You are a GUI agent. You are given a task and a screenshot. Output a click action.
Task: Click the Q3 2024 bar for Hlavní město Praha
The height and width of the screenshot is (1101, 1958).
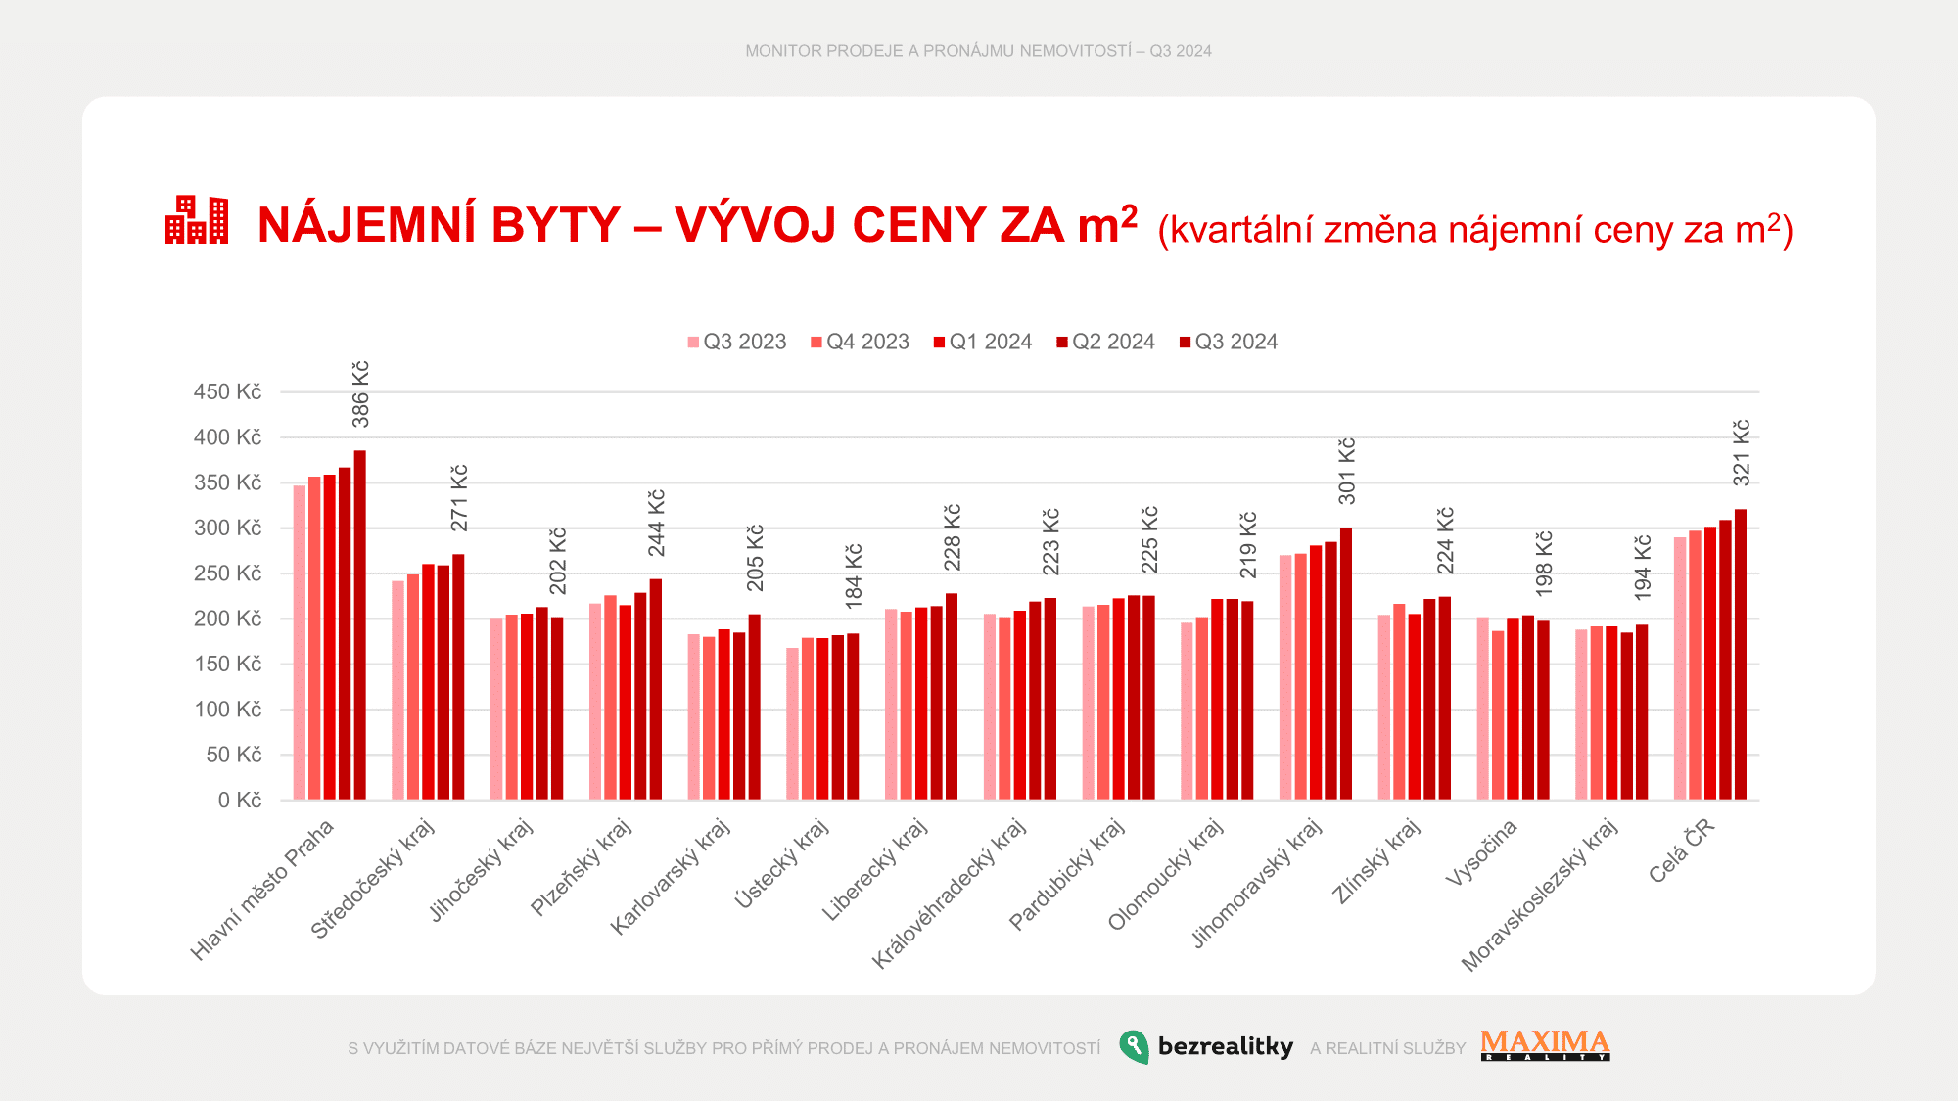click(360, 626)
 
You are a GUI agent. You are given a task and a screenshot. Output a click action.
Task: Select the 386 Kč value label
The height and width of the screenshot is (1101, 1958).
click(361, 394)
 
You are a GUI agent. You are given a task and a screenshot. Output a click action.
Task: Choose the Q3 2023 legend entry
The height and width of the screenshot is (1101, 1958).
click(736, 342)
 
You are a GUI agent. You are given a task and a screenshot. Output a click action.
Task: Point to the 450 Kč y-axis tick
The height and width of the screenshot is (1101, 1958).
click(227, 392)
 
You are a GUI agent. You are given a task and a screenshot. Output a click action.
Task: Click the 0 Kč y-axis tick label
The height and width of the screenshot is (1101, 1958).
click(240, 801)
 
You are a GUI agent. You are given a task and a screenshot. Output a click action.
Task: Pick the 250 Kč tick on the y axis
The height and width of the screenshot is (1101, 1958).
click(227, 573)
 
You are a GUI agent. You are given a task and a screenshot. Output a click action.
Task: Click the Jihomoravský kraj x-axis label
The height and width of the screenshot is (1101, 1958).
click(1257, 883)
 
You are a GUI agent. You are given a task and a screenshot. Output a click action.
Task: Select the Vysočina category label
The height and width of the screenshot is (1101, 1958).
click(1480, 852)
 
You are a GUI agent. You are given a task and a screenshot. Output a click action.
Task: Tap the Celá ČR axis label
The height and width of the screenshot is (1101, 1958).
click(1681, 850)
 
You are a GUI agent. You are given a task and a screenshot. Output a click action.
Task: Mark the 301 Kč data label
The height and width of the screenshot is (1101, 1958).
click(1347, 471)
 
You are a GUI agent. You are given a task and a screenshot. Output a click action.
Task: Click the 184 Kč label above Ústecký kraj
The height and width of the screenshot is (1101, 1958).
click(854, 573)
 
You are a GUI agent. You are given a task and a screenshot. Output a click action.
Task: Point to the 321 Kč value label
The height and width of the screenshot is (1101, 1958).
click(1742, 452)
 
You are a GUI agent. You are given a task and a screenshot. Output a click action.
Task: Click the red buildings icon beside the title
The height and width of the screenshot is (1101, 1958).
click(197, 220)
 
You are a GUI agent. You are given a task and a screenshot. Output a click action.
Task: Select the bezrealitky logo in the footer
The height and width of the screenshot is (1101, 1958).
click(1206, 1046)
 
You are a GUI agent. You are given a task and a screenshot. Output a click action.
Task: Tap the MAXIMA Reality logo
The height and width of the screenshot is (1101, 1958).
click(1545, 1045)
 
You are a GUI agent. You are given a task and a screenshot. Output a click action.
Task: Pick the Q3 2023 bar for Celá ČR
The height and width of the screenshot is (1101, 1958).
click(1680, 668)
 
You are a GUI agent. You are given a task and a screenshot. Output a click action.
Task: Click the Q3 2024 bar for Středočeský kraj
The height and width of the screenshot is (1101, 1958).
click(458, 677)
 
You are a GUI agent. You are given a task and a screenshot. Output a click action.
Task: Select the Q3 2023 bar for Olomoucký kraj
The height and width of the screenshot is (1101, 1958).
click(1187, 711)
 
